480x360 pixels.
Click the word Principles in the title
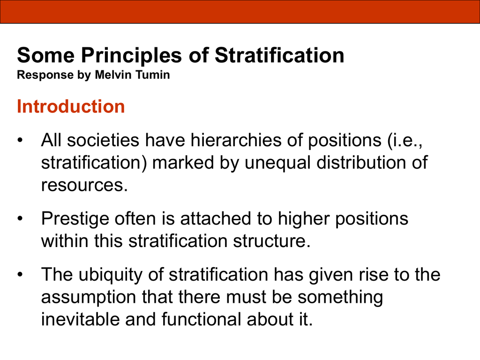[131, 56]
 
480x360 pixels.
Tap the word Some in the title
[45, 55]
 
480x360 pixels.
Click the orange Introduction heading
[71, 106]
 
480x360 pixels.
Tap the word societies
[103, 140]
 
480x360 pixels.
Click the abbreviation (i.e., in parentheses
[405, 141]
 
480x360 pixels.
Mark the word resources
[84, 185]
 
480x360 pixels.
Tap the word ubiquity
[110, 275]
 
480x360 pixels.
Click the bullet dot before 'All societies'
[20, 141]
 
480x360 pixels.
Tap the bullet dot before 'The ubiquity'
[20, 275]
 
